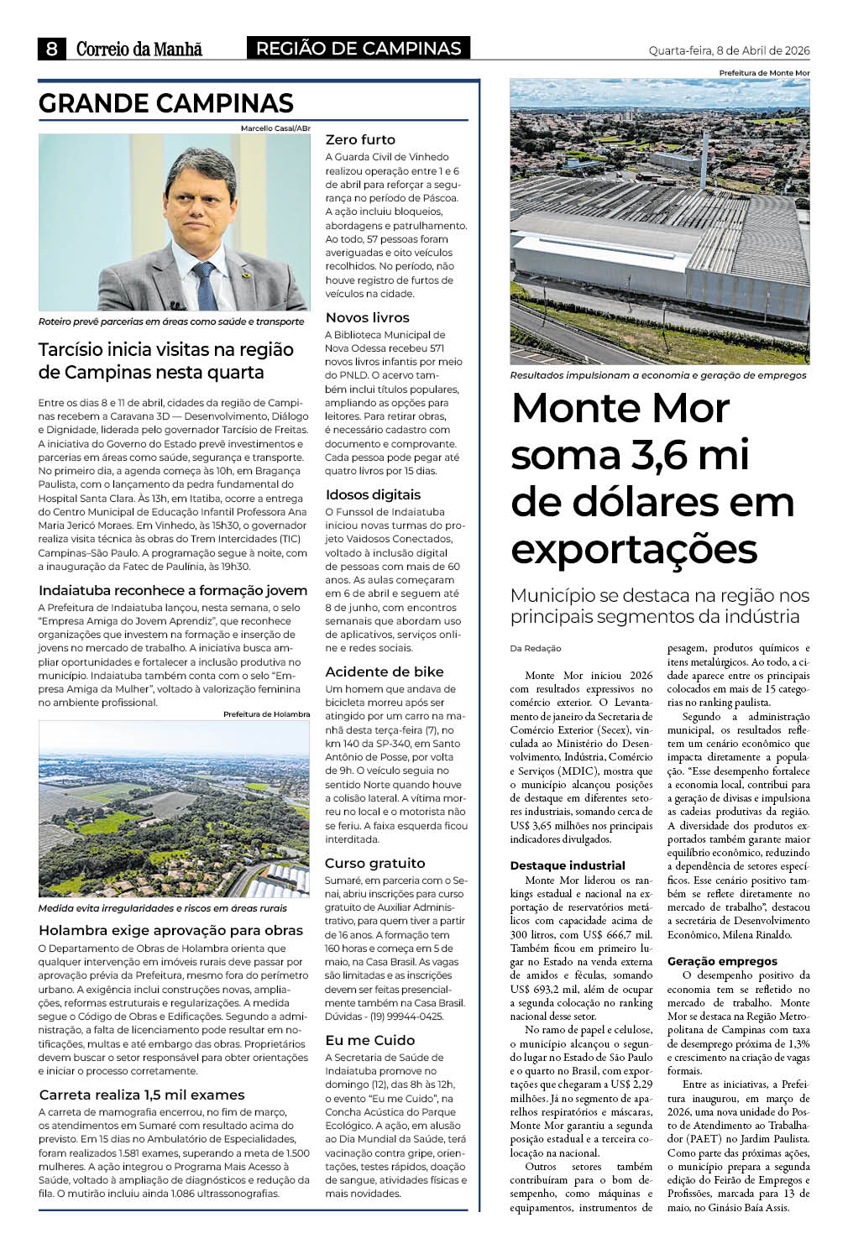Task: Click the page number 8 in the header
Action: coord(51,50)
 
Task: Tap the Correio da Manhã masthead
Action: coord(139,50)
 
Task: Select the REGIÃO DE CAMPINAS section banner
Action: coord(359,49)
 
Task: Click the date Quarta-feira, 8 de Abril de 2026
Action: coord(729,50)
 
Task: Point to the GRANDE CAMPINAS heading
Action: coord(166,103)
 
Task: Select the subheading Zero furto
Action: coord(360,139)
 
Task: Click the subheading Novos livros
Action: coord(367,317)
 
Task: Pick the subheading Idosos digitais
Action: coord(373,494)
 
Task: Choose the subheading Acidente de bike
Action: coord(384,672)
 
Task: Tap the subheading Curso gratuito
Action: coord(374,863)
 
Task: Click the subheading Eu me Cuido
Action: coord(369,1040)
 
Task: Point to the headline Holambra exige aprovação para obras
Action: coord(170,930)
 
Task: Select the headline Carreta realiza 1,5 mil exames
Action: coord(142,1095)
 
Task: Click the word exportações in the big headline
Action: coord(634,550)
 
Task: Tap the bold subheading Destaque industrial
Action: coord(567,865)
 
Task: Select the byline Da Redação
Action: coord(535,648)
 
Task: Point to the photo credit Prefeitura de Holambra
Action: coord(266,714)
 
